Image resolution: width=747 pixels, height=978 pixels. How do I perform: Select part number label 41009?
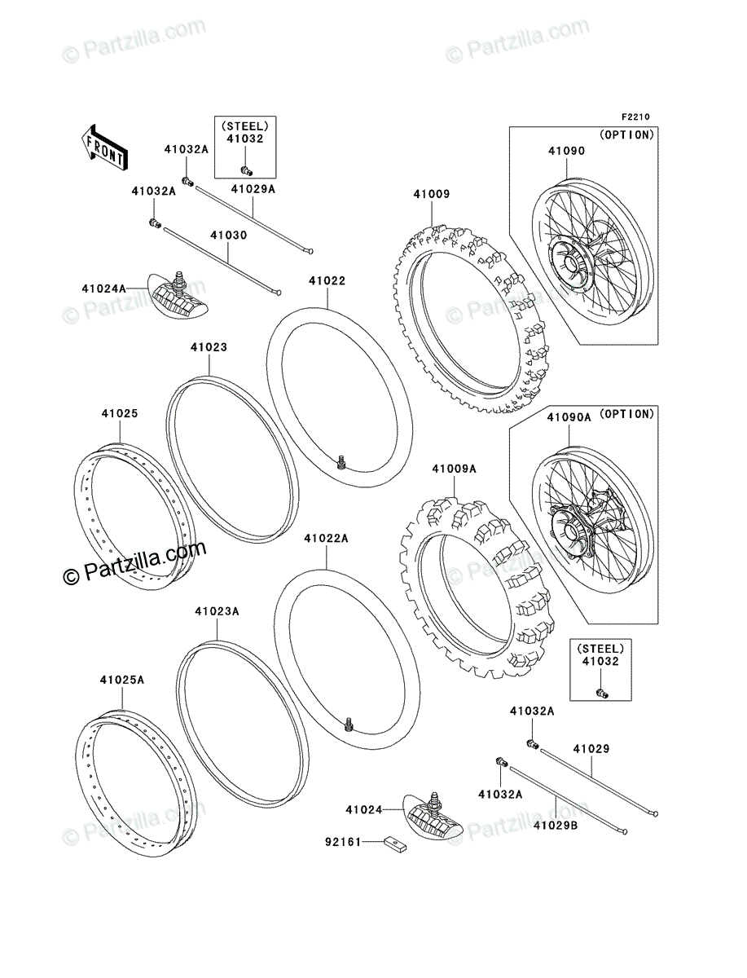[431, 194]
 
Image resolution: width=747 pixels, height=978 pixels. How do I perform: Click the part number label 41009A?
[454, 469]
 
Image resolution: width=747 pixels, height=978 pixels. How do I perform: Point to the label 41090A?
[569, 417]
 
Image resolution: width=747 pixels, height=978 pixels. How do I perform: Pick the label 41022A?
[326, 538]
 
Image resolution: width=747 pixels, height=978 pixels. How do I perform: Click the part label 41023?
[209, 347]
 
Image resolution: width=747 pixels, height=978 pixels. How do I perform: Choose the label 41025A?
[122, 679]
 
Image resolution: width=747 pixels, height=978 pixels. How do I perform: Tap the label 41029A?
[253, 188]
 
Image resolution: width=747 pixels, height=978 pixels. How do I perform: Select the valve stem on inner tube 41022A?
[349, 721]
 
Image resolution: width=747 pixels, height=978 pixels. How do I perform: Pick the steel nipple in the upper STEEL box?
[245, 170]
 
